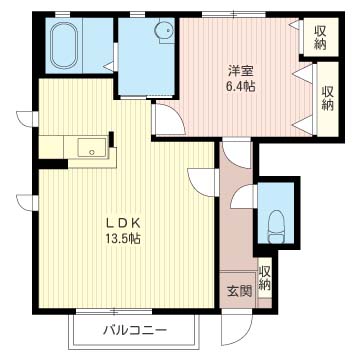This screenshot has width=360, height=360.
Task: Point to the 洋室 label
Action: (238, 70)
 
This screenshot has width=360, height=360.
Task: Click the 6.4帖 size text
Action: (238, 87)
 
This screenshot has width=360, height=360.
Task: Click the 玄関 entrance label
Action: (238, 291)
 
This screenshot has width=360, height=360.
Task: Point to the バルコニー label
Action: (134, 330)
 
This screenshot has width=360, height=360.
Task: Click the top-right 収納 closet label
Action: (319, 38)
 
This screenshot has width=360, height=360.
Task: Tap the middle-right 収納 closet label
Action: (327, 97)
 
